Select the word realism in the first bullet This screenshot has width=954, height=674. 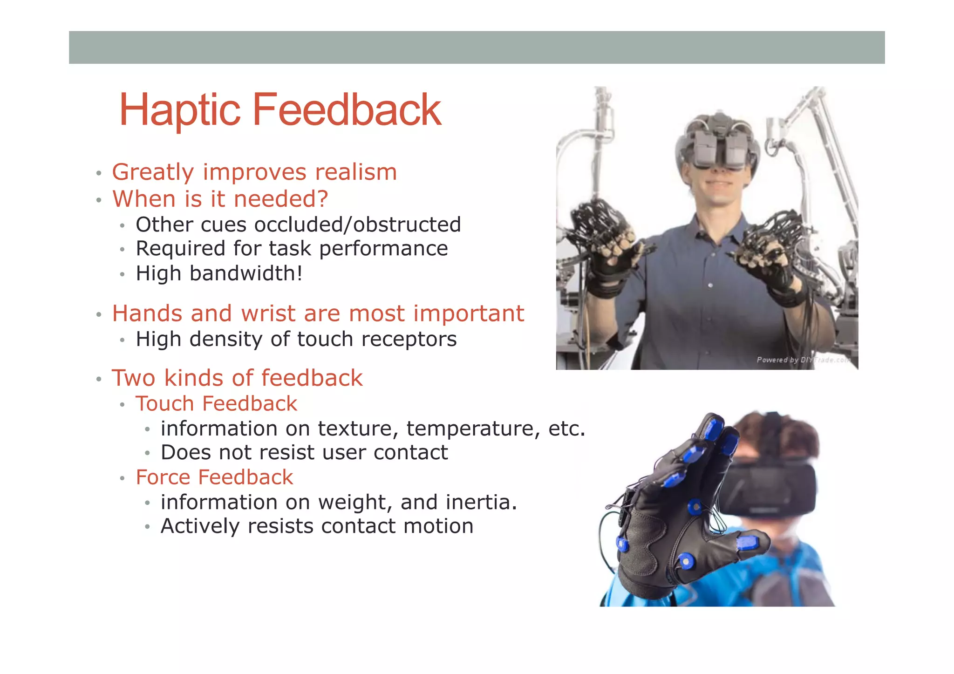[x=356, y=172]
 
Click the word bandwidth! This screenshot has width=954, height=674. [x=246, y=273]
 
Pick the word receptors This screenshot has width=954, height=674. [x=409, y=339]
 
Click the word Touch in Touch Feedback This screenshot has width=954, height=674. [x=165, y=403]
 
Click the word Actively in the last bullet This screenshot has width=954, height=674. [x=200, y=526]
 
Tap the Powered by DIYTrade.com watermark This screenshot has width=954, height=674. [x=802, y=360]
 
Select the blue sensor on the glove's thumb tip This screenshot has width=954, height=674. [x=748, y=543]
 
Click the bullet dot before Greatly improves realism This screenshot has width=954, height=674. [x=98, y=174]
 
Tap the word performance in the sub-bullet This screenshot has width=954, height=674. [x=383, y=249]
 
